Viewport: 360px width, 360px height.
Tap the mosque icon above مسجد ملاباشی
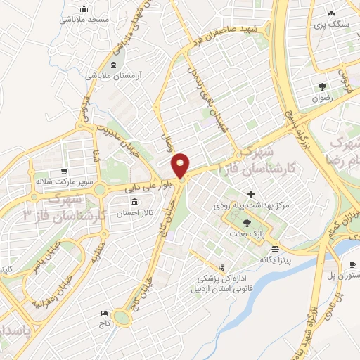[85, 9]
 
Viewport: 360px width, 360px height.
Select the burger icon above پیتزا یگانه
[274, 249]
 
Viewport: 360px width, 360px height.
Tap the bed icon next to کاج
[104, 313]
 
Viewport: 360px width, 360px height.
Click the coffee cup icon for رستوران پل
[352, 265]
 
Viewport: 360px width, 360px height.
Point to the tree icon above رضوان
[322, 87]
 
